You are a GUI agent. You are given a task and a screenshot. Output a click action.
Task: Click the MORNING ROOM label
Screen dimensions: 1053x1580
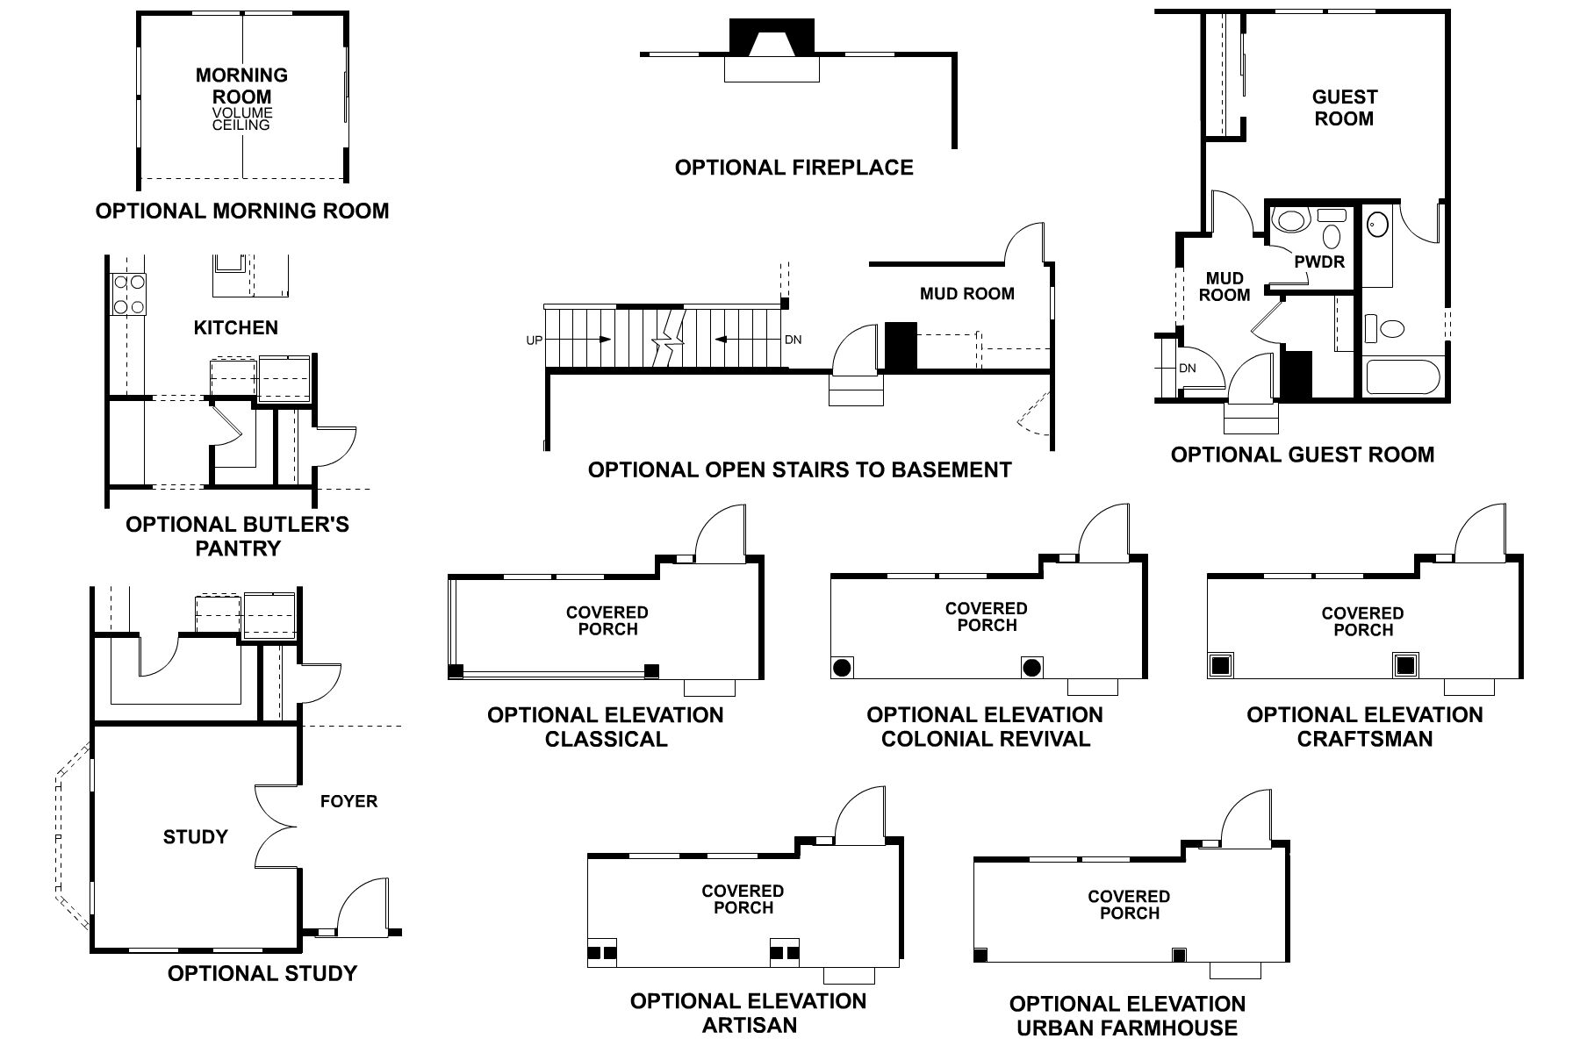pos(241,86)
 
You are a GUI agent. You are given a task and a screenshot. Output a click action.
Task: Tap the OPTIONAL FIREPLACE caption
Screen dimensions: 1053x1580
pos(794,168)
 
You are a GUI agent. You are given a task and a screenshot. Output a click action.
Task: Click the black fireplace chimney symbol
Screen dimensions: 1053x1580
pos(772,39)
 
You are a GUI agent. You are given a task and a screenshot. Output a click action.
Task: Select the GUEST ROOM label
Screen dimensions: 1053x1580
pos(1344,108)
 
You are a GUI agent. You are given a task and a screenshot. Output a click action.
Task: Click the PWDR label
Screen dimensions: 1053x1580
pos(1318,261)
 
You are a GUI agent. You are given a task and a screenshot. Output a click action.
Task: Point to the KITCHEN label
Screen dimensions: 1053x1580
pos(235,328)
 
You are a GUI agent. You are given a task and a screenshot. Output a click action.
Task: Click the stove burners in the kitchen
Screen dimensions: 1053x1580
pos(128,295)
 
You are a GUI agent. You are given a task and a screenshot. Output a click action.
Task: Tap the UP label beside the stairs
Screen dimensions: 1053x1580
pos(534,340)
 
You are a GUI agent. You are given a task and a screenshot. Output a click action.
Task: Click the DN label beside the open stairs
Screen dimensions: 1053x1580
pos(793,340)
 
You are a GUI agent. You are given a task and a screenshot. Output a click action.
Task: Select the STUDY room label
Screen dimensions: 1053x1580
pos(195,837)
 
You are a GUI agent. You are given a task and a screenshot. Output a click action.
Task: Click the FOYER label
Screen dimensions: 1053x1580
pos(348,801)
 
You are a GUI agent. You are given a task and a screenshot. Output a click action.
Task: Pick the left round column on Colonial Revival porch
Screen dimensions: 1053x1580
pos(842,667)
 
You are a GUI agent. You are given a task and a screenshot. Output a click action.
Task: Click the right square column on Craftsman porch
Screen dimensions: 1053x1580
pos(1406,665)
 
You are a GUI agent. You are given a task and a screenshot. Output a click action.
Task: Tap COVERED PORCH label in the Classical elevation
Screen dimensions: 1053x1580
pos(607,620)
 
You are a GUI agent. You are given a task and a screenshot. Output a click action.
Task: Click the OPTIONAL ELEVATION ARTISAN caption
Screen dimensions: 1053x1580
pos(748,1013)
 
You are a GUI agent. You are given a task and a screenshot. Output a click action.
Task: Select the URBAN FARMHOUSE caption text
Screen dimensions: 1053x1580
pos(1127,1028)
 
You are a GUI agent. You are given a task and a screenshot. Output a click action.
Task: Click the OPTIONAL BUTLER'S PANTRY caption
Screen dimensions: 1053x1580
pos(237,536)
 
